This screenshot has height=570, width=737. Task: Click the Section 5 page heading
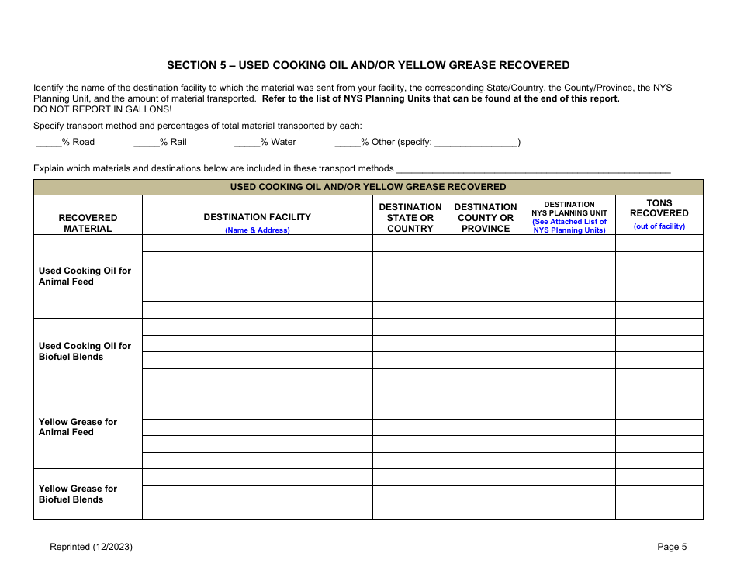coord(368,65)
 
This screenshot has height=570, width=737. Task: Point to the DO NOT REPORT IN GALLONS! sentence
coord(102,109)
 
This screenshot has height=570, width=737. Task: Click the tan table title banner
coord(368,187)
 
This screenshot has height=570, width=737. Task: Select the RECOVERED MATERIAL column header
coord(88,223)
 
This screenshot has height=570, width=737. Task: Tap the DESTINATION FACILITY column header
coord(257,217)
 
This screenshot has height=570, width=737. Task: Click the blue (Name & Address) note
coord(257,230)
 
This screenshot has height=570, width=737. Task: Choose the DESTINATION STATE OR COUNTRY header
coord(410,218)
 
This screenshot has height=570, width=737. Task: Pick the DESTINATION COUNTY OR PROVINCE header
coord(486,218)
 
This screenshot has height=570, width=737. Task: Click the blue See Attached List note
coord(569,226)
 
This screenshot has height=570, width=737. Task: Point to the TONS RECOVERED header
coord(659,208)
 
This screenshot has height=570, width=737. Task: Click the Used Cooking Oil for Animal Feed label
coord(85,276)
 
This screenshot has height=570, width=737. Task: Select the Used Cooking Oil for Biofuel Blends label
coord(85,351)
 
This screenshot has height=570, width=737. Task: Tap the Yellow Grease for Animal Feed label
coord(78,427)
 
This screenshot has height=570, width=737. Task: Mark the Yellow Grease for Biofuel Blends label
coord(78,494)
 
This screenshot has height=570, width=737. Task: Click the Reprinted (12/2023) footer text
coord(91,547)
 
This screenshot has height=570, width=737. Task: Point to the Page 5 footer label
coord(672,547)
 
